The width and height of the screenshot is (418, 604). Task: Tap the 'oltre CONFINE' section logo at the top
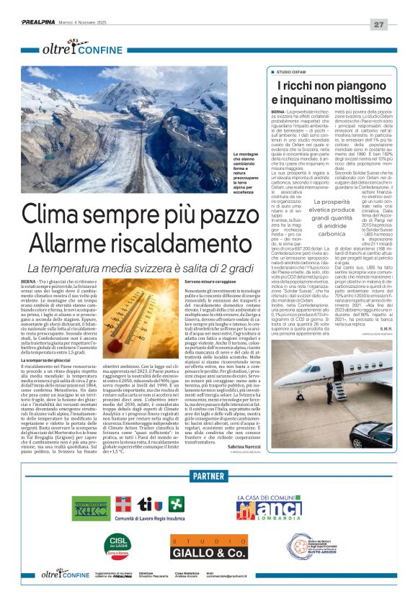(76, 49)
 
